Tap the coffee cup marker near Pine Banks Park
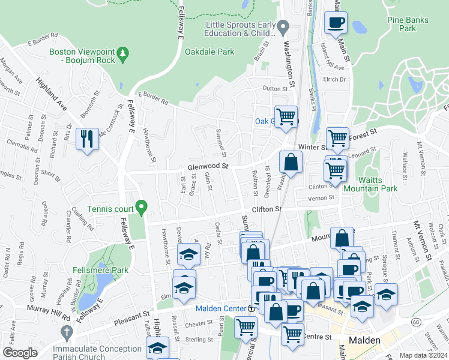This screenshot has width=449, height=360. [x=336, y=23]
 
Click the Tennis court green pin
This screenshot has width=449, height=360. [x=141, y=208]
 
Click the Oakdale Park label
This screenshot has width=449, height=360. [x=209, y=52]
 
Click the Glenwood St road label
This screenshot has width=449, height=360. [x=208, y=166]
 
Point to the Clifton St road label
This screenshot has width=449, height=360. [x=267, y=209]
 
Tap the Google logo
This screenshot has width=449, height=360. [x=20, y=352]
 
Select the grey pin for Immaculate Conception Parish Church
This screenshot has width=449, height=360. [x=65, y=331]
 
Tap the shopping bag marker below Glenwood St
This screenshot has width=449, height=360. [x=291, y=162]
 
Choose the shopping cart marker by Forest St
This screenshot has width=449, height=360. [x=338, y=138]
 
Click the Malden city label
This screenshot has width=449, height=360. [x=364, y=340]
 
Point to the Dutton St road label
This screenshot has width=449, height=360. [x=276, y=88]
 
